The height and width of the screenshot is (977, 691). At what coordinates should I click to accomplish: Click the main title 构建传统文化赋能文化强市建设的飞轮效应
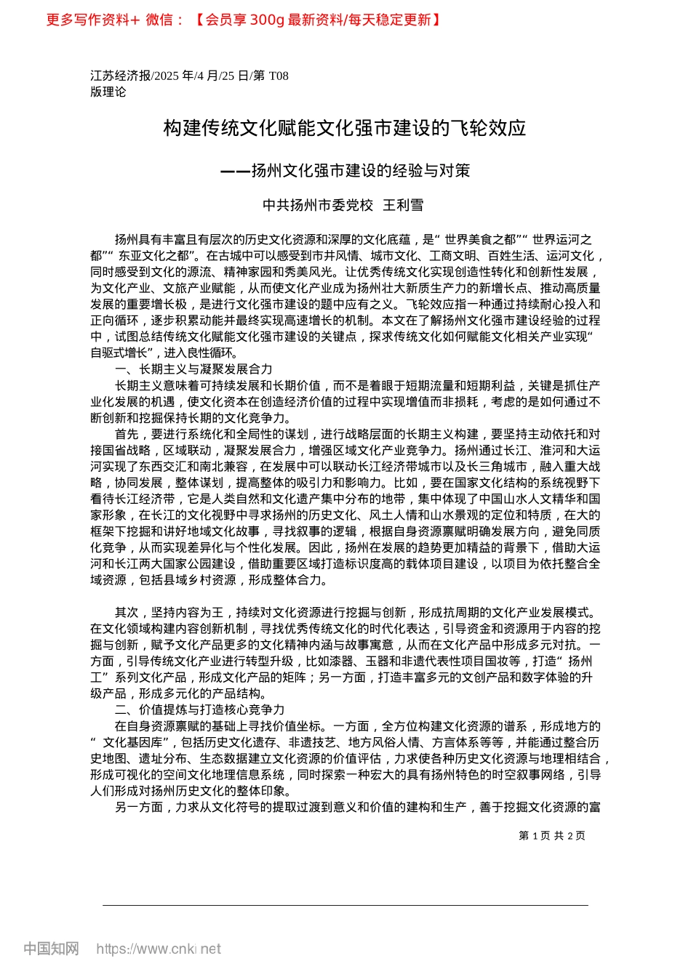344,129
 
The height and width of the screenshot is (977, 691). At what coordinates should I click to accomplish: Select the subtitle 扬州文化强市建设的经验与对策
360,171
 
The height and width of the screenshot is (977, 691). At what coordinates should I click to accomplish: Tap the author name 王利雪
403,206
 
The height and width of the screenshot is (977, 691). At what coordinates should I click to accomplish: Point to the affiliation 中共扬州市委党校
317,206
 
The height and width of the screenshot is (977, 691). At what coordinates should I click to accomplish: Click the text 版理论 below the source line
108,92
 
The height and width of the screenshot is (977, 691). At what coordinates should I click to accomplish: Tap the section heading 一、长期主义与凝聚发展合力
193,369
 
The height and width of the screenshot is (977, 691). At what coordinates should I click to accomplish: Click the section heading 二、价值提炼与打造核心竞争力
199,709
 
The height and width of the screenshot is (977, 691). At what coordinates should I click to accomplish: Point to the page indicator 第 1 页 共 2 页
551,836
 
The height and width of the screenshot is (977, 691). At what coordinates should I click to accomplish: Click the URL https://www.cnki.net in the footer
158,949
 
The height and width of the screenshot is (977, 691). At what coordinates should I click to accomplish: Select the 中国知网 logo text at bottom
51,949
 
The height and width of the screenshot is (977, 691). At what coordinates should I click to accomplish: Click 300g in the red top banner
266,20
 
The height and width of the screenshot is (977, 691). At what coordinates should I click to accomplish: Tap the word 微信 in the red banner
159,20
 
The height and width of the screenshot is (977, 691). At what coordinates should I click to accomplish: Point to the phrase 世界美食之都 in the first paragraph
480,239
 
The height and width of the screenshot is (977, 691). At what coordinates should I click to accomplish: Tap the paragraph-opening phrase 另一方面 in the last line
139,807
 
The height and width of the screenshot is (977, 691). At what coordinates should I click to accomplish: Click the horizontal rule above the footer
345,905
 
